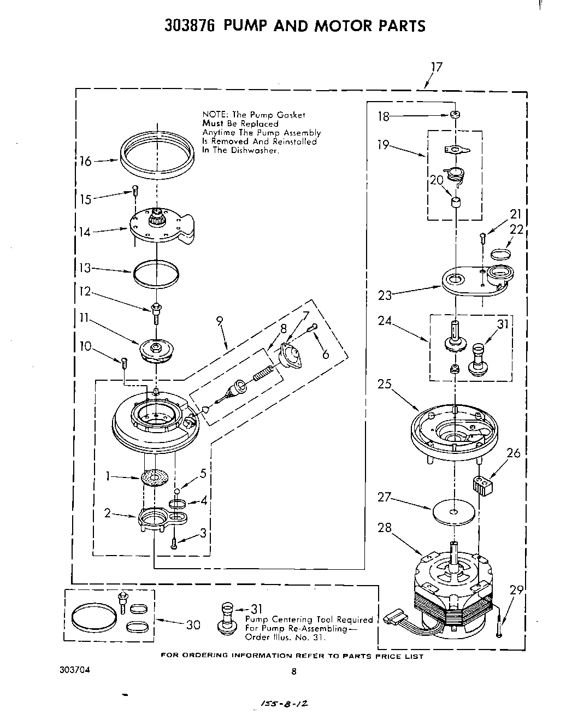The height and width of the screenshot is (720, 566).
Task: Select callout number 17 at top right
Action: pyautogui.click(x=436, y=67)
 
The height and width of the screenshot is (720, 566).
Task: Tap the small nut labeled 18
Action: pyautogui.click(x=454, y=115)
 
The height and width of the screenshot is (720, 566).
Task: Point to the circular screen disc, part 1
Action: pyautogui.click(x=156, y=477)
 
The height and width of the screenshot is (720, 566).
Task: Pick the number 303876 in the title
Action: pyautogui.click(x=192, y=26)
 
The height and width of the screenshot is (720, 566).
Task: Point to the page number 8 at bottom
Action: pyautogui.click(x=293, y=672)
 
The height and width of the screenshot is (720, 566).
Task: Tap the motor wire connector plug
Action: pyautogui.click(x=393, y=618)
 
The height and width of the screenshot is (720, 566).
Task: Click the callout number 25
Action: pyautogui.click(x=385, y=384)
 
